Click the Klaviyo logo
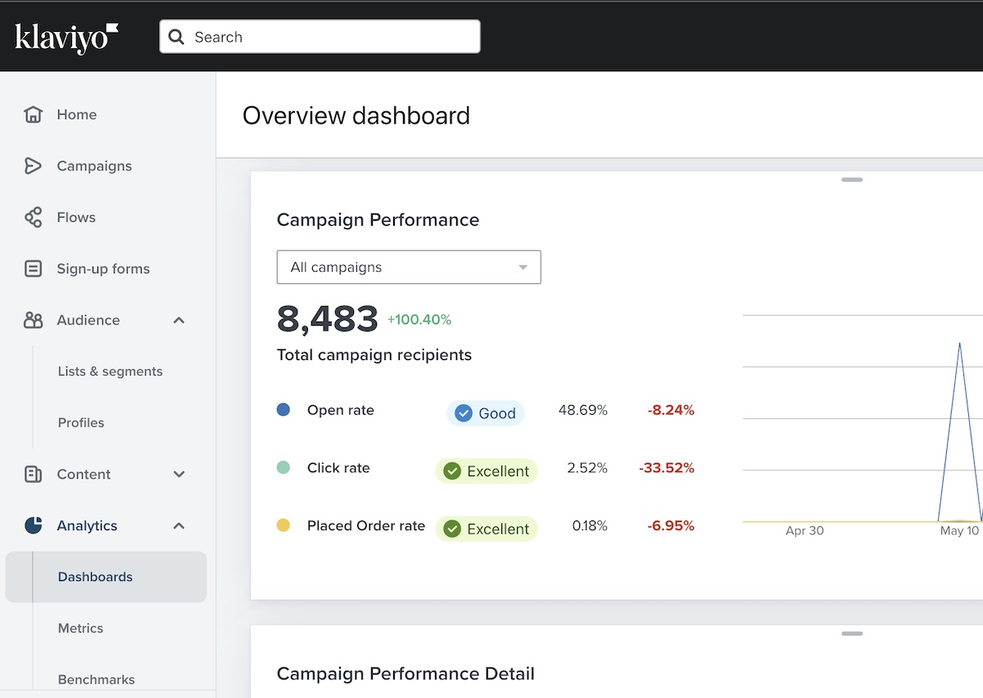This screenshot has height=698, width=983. click(66, 38)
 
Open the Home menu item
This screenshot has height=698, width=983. click(76, 115)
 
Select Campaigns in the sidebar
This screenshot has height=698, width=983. click(93, 166)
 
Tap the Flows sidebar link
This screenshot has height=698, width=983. click(75, 218)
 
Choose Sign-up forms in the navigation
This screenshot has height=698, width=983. click(102, 268)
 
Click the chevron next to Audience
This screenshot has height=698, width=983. click(179, 320)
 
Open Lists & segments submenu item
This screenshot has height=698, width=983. click(110, 372)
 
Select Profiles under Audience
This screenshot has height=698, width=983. click(81, 423)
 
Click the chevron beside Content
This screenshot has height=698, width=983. click(179, 475)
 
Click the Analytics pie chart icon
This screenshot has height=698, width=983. click(34, 525)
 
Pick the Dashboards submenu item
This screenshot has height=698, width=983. click(95, 577)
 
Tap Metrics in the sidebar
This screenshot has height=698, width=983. click(80, 628)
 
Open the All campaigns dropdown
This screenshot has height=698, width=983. click(409, 268)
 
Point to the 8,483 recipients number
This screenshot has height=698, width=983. click(328, 319)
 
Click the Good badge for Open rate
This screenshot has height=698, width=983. click(485, 413)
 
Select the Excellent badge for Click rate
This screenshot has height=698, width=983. click(487, 471)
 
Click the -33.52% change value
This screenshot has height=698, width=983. click(666, 468)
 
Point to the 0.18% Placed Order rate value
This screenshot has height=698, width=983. click(590, 526)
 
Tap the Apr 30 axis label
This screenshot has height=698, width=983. click(804, 531)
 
